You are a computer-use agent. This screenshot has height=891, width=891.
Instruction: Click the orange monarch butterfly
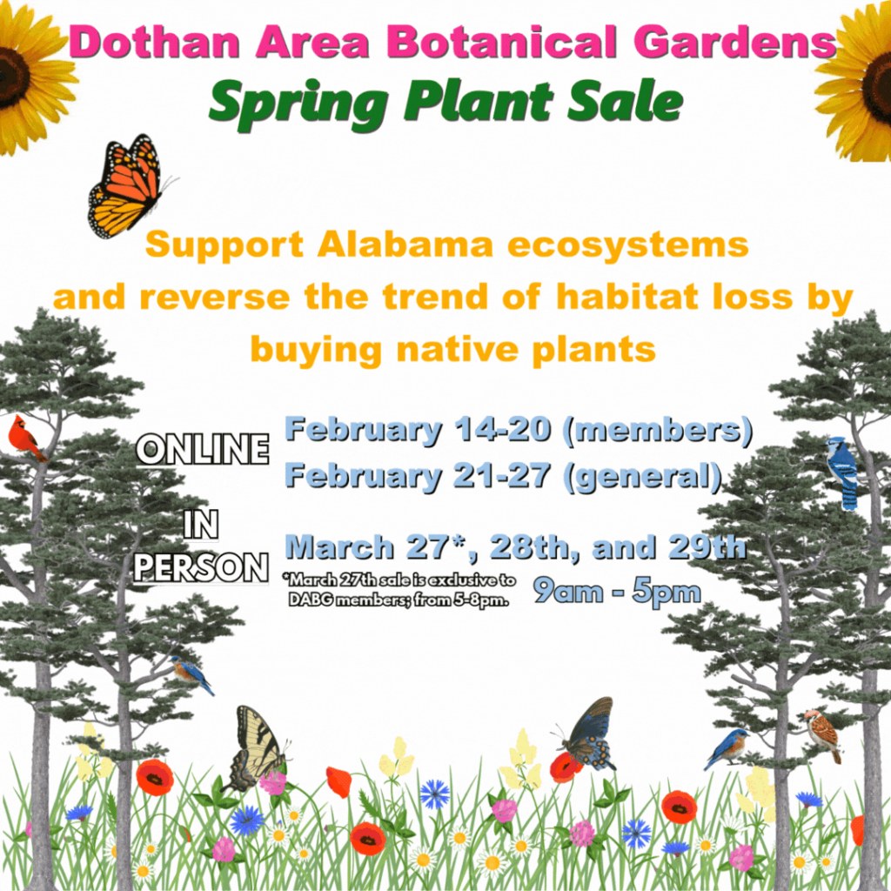pyautogui.click(x=126, y=187)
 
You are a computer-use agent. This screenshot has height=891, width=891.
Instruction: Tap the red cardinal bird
pyautogui.click(x=24, y=438)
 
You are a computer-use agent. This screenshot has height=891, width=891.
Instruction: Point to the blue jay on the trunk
pyautogui.click(x=842, y=472)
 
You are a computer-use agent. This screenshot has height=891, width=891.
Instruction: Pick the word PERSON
pyautogui.click(x=201, y=567)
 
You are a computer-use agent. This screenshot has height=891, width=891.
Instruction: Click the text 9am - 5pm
pyautogui.click(x=617, y=592)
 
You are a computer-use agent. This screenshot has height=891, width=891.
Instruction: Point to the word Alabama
pyautogui.click(x=406, y=245)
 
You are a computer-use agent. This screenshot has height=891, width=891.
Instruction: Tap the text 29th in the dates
pyautogui.click(x=707, y=548)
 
